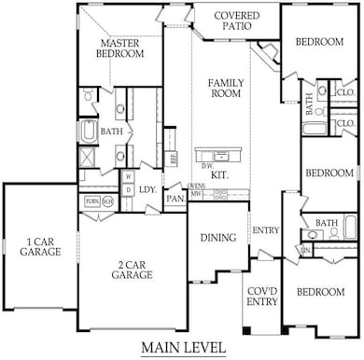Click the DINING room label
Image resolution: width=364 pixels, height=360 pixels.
click(217, 238)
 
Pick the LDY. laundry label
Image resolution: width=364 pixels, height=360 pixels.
click(147, 189)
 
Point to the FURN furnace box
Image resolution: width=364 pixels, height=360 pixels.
click(92, 201)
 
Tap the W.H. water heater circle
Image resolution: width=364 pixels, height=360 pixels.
click(108, 201)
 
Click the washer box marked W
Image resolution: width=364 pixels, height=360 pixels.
click(128, 175)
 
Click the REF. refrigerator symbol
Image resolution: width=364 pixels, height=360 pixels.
click(174, 158)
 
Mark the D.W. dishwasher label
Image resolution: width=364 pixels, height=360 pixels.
click(204, 166)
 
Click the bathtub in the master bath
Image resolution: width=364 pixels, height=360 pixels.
click(90, 132)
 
